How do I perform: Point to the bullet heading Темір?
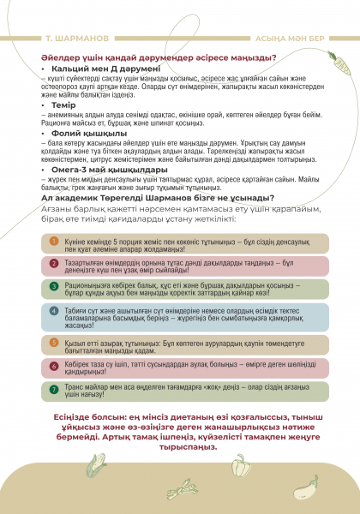pos(63,105)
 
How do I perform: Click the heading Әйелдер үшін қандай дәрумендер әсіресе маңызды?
pos(159,57)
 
